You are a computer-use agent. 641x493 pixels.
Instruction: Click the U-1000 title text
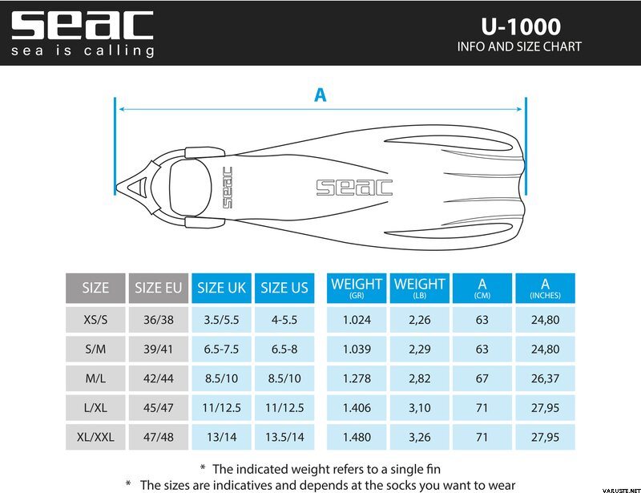pyautogui.click(x=520, y=26)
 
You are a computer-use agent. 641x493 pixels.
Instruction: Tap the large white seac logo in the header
pyautogui.click(x=83, y=26)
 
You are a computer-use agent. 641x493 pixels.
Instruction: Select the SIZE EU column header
pyautogui.click(x=158, y=288)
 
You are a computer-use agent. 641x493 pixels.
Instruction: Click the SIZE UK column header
pyautogui.click(x=221, y=288)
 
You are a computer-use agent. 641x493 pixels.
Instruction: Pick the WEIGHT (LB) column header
pyautogui.click(x=419, y=288)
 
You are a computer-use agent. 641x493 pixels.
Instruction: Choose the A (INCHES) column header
pyautogui.click(x=545, y=288)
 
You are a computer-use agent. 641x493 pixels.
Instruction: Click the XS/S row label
pyautogui.click(x=95, y=320)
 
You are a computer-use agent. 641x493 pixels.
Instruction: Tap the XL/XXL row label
pyautogui.click(x=95, y=437)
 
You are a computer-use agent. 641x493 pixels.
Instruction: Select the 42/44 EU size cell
pyautogui.click(x=158, y=378)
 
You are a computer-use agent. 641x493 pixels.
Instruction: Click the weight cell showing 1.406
pyautogui.click(x=357, y=408)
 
